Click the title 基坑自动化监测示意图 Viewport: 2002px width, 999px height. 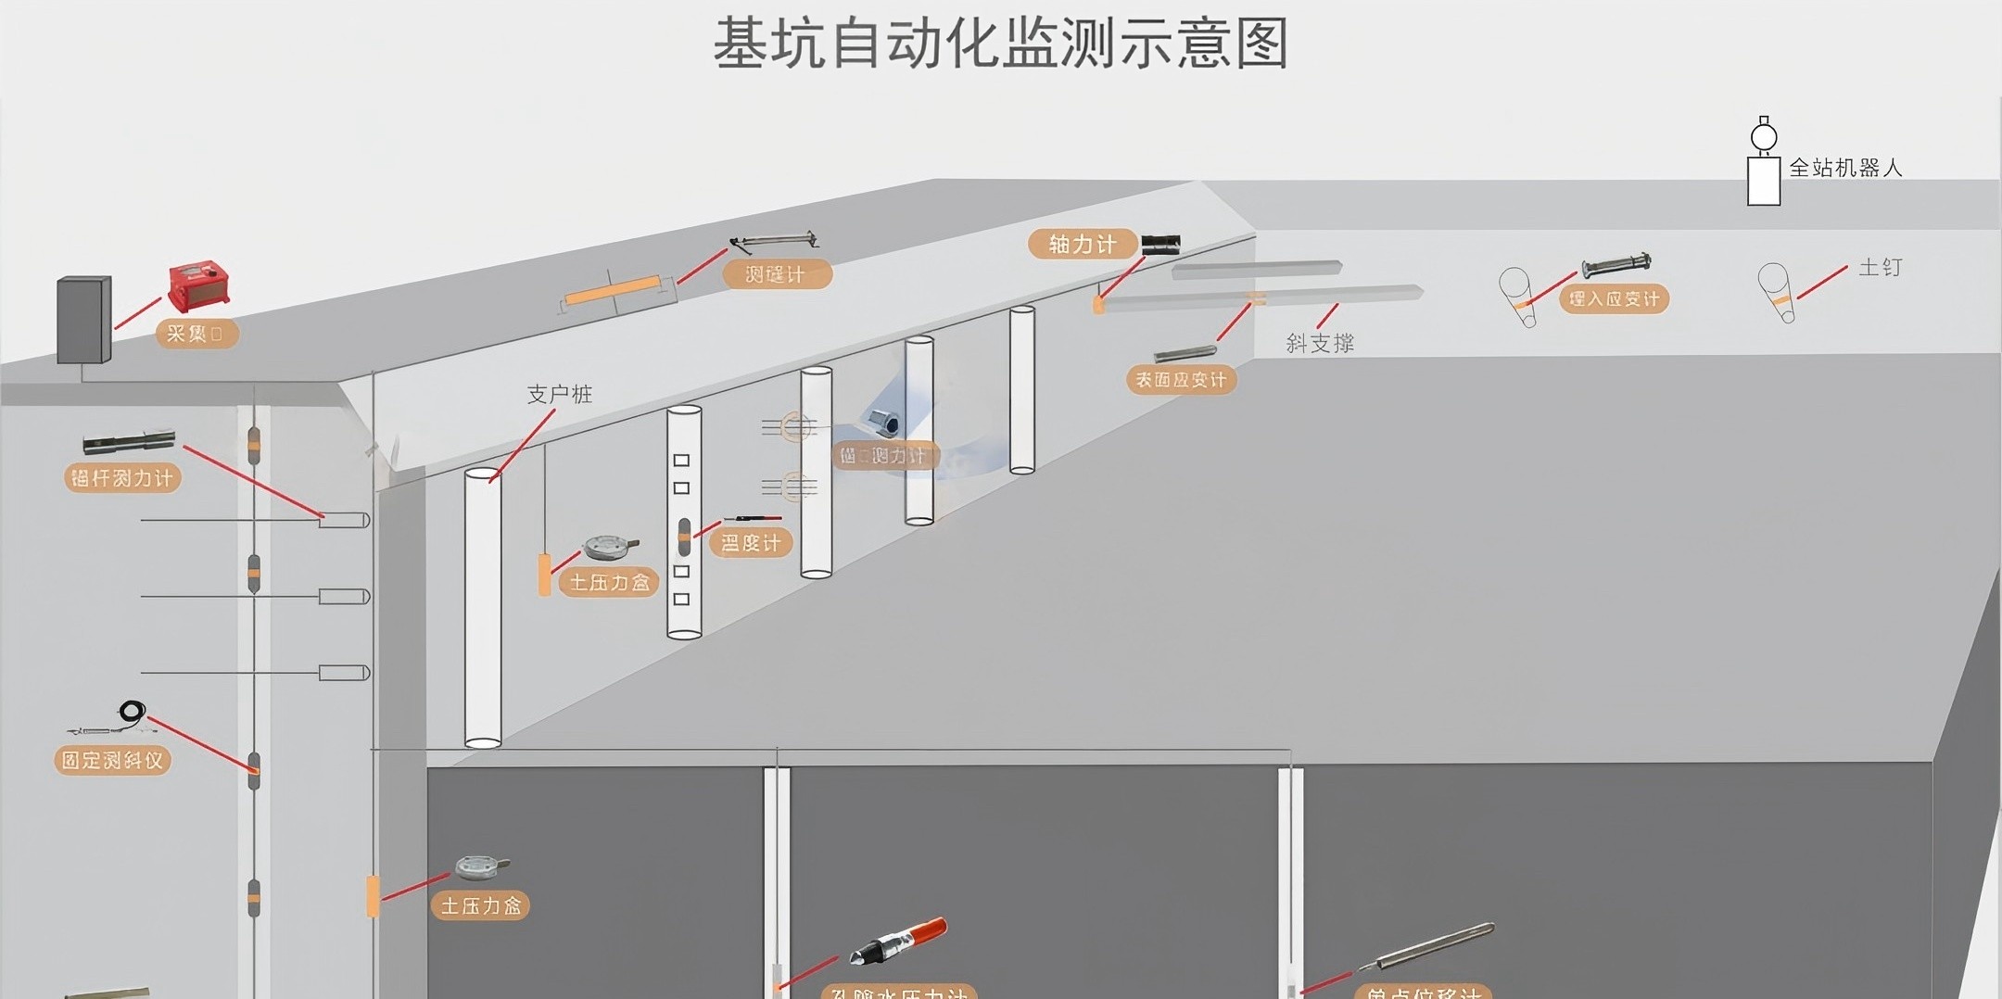(x=1001, y=44)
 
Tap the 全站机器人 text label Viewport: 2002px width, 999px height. (x=1844, y=168)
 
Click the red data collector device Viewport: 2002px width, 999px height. (x=198, y=285)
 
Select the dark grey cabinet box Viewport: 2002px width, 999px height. (x=83, y=319)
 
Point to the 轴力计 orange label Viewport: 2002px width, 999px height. (x=1082, y=244)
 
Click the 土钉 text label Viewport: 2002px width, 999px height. (x=1880, y=267)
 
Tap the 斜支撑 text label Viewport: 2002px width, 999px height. (x=1320, y=344)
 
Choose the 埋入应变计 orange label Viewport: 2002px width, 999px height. (x=1614, y=298)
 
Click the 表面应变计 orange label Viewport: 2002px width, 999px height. (x=1181, y=379)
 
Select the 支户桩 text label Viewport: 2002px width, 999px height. (x=559, y=394)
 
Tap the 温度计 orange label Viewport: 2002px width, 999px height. (x=751, y=542)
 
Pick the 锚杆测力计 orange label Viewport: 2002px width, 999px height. (x=121, y=478)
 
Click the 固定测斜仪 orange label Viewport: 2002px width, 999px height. (x=112, y=760)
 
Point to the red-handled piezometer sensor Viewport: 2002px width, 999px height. (x=899, y=938)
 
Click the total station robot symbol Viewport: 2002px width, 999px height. (x=1763, y=163)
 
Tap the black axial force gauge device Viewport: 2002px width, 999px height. (x=1160, y=245)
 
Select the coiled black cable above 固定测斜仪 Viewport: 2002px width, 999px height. (x=132, y=712)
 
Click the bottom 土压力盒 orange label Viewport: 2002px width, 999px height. (x=480, y=905)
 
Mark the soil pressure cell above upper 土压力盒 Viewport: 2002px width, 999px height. (x=609, y=547)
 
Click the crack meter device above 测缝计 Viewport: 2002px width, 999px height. (x=775, y=242)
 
